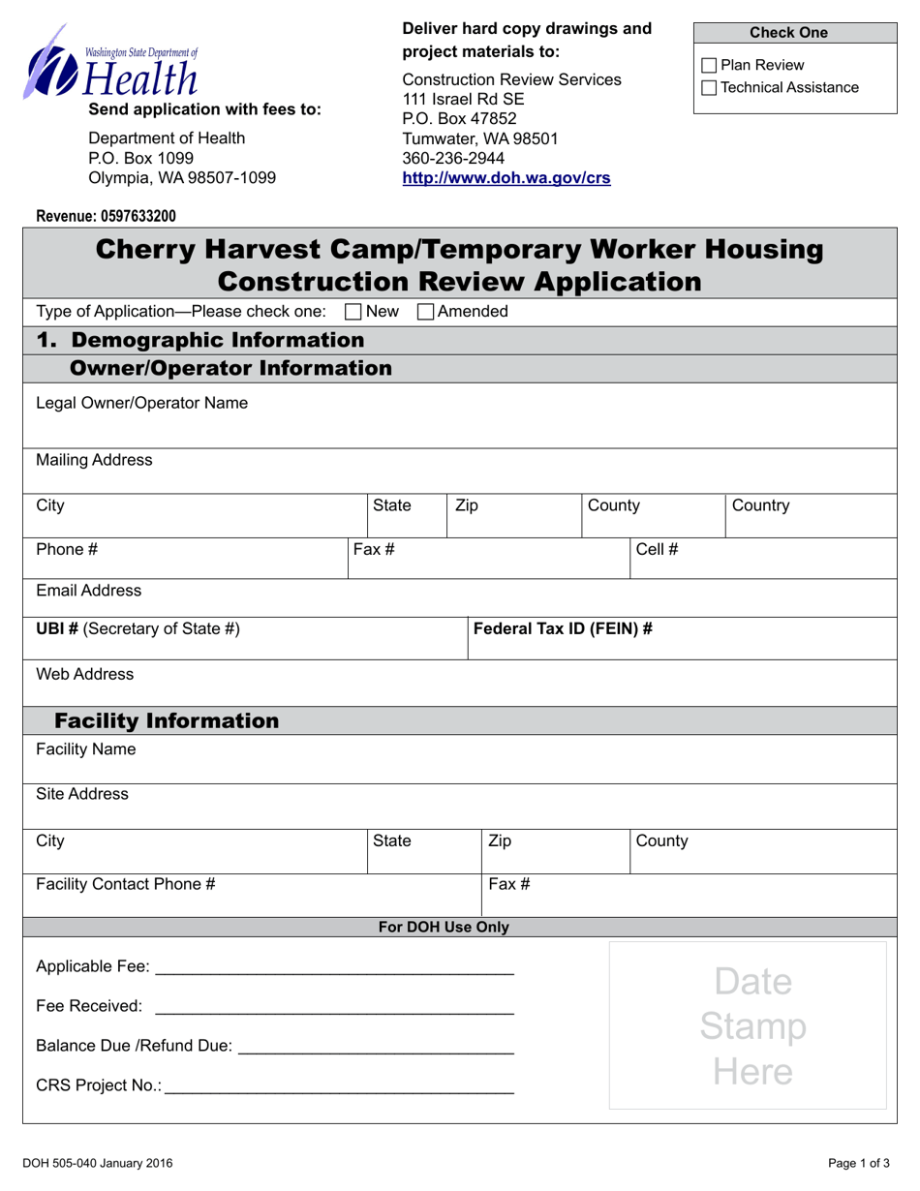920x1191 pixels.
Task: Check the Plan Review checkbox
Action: point(709,66)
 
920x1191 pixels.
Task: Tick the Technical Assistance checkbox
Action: point(709,88)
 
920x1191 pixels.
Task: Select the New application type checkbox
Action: point(354,312)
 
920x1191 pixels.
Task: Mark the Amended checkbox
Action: point(425,312)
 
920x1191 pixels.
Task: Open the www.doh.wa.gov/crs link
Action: point(506,178)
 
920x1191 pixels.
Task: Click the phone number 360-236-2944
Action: point(453,158)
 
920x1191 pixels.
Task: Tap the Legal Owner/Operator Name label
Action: point(141,403)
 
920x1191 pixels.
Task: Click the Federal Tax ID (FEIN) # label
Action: point(563,628)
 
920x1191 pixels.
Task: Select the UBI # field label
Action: point(138,628)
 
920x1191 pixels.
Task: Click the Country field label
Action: point(761,505)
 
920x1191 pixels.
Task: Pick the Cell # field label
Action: point(657,549)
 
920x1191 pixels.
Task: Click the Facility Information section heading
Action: point(167,720)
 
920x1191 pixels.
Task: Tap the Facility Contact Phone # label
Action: point(125,884)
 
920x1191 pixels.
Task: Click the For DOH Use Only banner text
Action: point(444,927)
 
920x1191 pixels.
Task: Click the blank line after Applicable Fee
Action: point(334,968)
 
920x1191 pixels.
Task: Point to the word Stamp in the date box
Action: point(752,1026)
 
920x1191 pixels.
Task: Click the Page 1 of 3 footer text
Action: point(859,1164)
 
